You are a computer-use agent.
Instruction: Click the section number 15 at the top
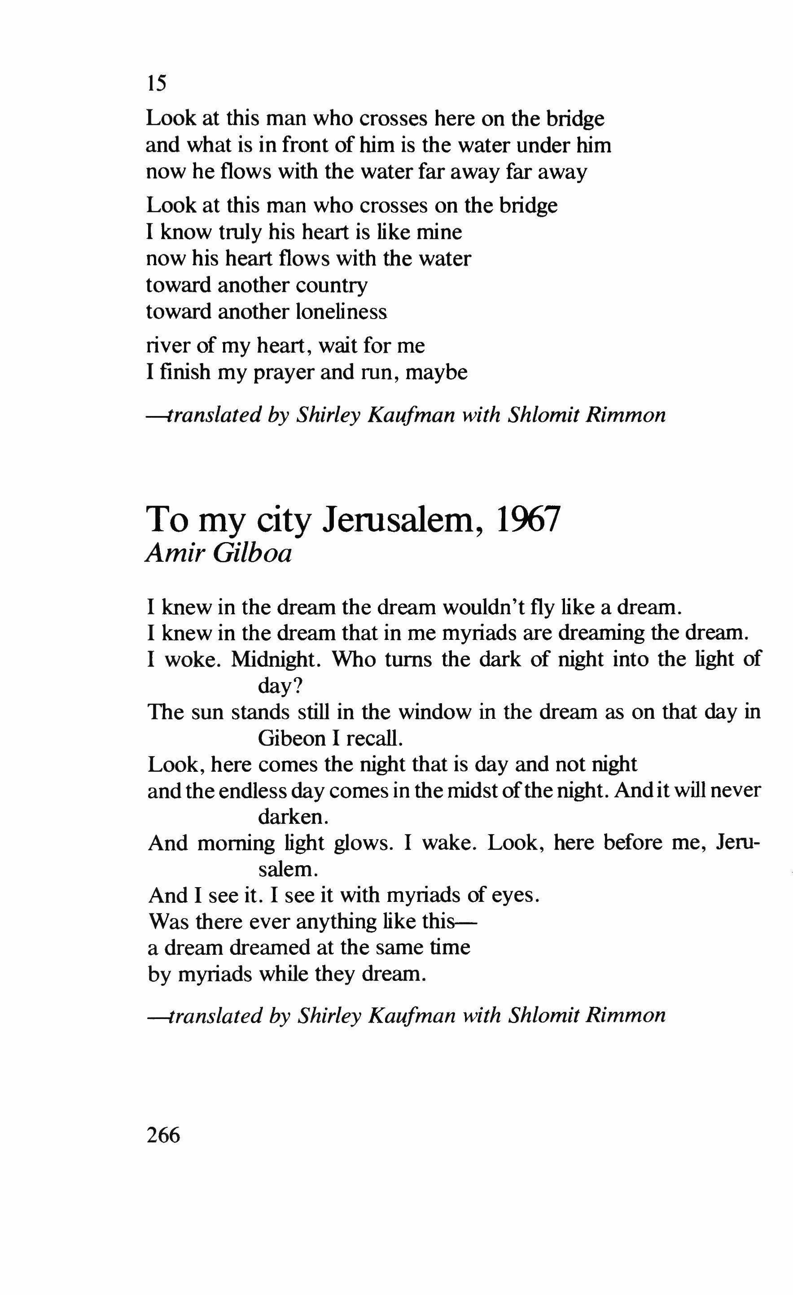[157, 83]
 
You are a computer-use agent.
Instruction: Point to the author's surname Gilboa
[252, 553]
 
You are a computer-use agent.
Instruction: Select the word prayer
[283, 372]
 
